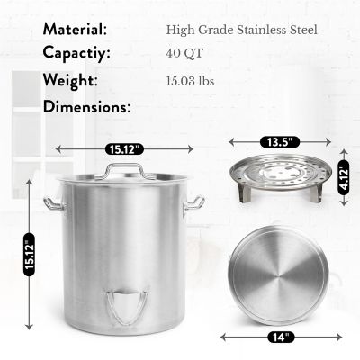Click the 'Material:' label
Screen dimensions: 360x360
tap(76, 30)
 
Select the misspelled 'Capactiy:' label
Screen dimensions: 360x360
tap(76, 53)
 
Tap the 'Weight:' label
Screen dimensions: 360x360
tap(69, 80)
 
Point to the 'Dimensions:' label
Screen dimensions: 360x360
tap(86, 106)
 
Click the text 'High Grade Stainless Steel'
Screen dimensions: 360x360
tap(242, 30)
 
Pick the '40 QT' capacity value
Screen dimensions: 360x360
tap(185, 54)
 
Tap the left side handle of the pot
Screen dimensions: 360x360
tap(55, 205)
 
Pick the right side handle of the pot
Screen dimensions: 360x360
tap(193, 204)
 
